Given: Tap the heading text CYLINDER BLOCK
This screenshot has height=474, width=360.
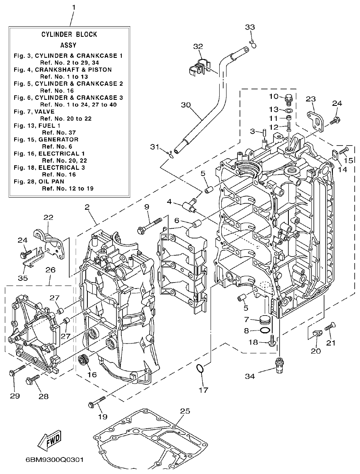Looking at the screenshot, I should click(x=69, y=35).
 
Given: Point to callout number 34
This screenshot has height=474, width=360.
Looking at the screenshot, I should click(x=250, y=377).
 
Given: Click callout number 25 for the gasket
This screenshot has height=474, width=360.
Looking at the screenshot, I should click(x=185, y=411).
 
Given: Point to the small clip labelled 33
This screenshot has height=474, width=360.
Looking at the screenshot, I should click(x=252, y=43).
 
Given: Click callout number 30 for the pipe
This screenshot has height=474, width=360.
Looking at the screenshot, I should click(x=186, y=105).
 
